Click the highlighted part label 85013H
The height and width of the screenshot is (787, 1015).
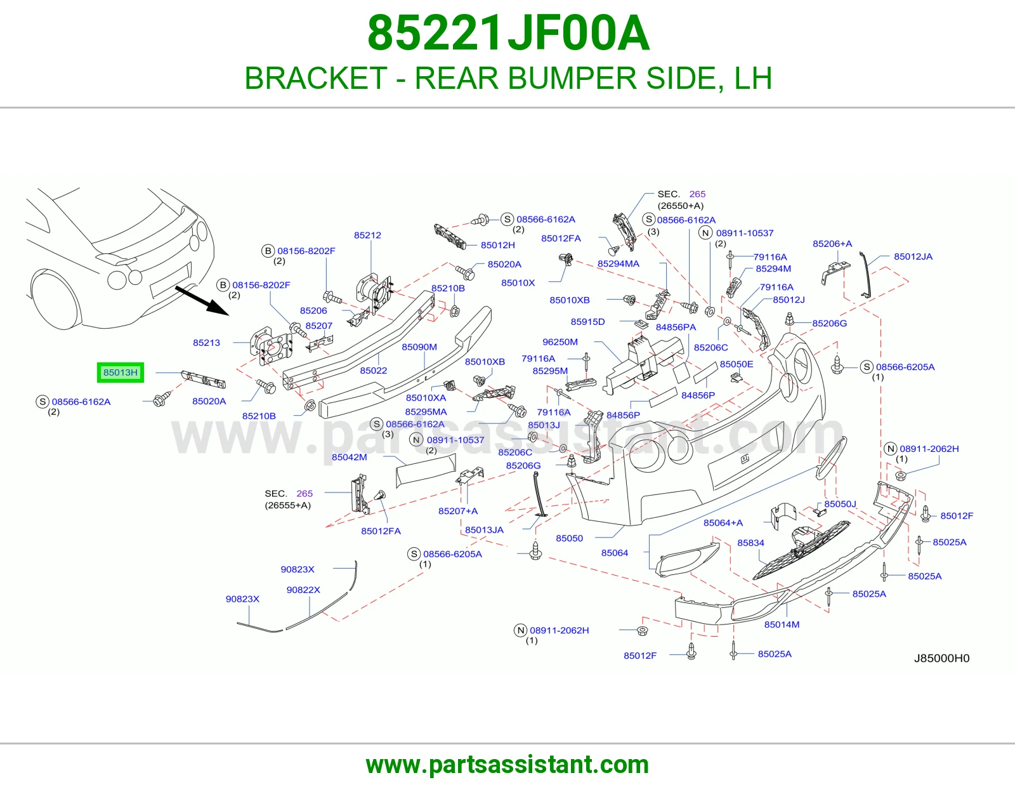pos(121,373)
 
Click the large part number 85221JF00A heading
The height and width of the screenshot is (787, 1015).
pos(508,33)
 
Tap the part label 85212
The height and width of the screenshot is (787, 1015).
pos(367,235)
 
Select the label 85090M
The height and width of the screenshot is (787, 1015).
pos(419,347)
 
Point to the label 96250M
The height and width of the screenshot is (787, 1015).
pos(560,341)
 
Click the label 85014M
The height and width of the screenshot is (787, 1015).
pos(782,625)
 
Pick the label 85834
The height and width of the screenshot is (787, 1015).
pos(750,543)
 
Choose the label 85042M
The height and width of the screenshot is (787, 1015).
pos(350,457)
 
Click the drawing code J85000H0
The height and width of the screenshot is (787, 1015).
pos(941,658)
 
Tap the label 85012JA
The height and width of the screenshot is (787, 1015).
pos(913,256)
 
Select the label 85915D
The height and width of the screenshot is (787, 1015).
pos(587,322)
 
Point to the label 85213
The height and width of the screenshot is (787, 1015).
pos(206,343)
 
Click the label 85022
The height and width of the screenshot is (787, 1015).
pos(374,370)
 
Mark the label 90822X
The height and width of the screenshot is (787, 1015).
pos(303,590)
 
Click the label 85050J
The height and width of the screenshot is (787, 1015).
pos(841,504)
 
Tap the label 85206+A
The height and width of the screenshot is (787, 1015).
pos(832,244)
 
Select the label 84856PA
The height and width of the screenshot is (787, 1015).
pos(676,327)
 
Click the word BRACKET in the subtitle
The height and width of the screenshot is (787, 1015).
pos(316,78)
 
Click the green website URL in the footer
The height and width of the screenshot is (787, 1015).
pos(507,765)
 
